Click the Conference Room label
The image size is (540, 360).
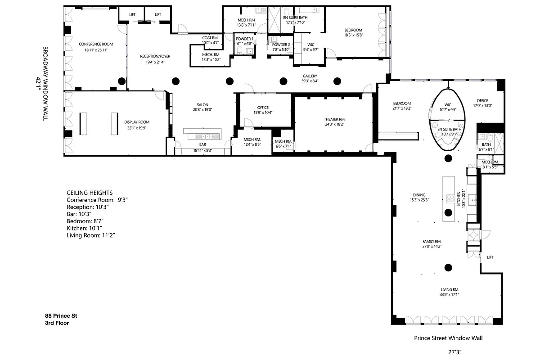tap(96, 44)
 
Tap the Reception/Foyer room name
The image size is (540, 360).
tap(155, 56)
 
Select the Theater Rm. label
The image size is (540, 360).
tap(334, 119)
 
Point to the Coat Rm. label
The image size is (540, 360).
tap(210, 38)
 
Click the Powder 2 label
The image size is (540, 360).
tap(281, 45)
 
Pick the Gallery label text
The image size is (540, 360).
tap(310, 76)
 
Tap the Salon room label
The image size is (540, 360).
tap(202, 104)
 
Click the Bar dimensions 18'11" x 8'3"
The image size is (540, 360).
tap(202, 150)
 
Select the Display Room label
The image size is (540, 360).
tap(137, 122)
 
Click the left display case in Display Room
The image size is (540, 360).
tap(83, 123)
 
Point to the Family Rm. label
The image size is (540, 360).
tap(431, 241)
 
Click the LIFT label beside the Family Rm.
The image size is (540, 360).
tap(490, 257)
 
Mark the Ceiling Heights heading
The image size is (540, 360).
tap(90, 192)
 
